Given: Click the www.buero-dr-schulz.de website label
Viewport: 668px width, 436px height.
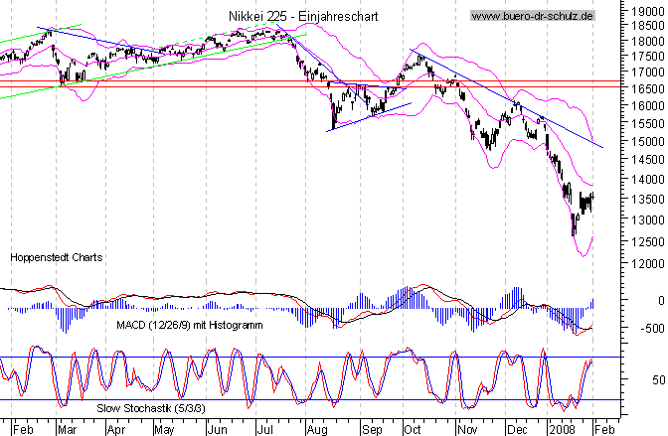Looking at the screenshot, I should (x=533, y=16).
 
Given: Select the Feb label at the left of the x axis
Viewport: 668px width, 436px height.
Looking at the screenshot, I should (x=24, y=428).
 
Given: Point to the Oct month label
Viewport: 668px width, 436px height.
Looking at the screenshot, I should (x=412, y=428).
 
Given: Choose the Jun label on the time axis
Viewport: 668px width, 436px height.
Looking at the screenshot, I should (x=217, y=428).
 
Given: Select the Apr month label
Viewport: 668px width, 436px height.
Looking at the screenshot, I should (x=116, y=428).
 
